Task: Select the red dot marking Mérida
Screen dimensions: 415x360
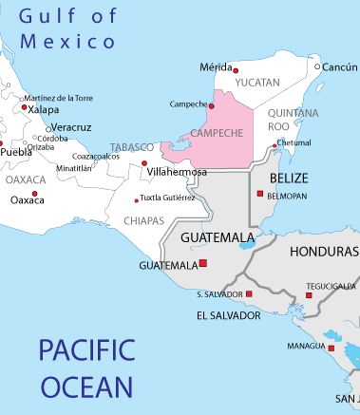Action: coord(237,69)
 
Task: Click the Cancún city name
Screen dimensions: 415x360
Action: coord(340,67)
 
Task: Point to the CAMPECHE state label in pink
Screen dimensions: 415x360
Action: coord(218,133)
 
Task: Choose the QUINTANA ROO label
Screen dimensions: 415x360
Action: coord(293,119)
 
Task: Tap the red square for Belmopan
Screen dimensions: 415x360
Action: coord(259,193)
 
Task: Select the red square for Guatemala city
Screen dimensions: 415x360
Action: coord(202,264)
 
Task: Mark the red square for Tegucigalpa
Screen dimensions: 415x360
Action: coord(309,294)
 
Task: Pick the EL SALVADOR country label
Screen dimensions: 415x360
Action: coord(228,314)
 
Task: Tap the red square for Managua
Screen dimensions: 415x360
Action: coord(332,348)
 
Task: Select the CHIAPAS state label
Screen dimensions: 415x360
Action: coord(143,220)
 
